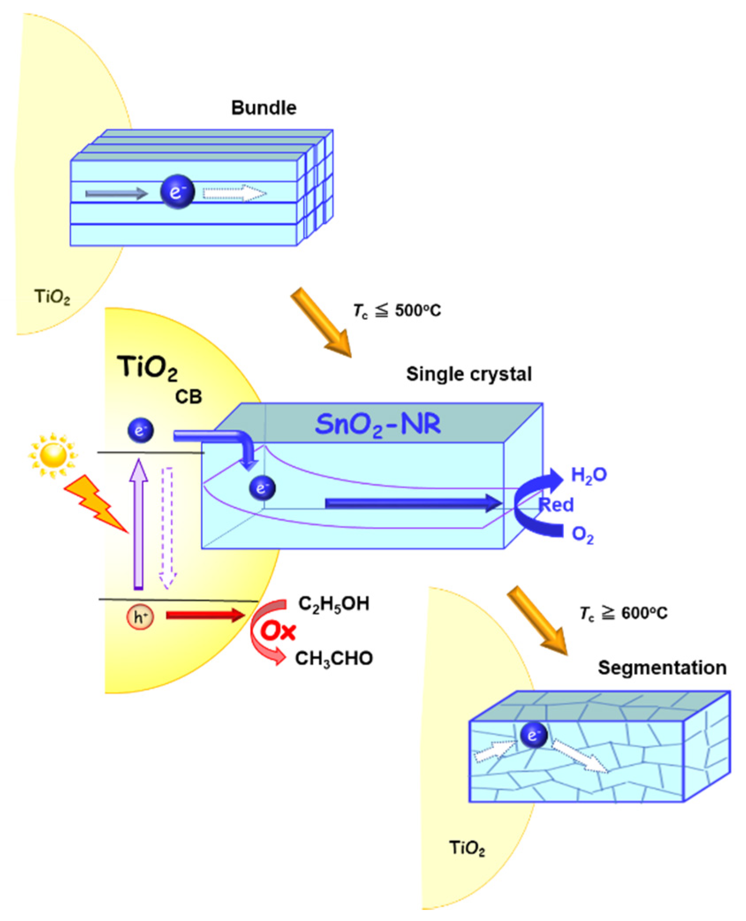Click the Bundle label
264,108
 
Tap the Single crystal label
469,374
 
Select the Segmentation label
662,667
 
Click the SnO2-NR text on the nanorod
378,424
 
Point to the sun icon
53,455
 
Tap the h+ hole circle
140,617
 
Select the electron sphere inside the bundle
177,192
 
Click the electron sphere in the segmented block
533,735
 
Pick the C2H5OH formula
334,604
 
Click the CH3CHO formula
334,659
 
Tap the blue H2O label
589,475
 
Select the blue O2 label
583,534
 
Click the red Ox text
278,631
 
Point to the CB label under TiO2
188,397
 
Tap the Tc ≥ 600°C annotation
623,613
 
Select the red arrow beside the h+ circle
205,615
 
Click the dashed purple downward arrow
168,528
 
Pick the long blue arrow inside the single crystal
413,503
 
